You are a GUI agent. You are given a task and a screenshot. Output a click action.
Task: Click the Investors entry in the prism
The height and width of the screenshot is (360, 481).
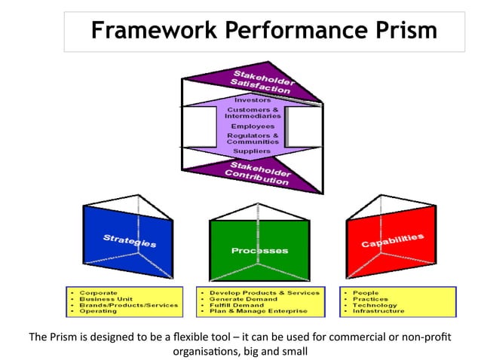tap(253, 99)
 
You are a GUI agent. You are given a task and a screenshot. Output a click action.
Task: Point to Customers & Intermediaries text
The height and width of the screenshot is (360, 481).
tap(253, 113)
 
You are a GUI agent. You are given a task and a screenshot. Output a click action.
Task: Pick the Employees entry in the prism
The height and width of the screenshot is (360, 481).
tap(253, 126)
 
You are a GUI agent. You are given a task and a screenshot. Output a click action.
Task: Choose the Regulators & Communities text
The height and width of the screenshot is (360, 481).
tap(253, 139)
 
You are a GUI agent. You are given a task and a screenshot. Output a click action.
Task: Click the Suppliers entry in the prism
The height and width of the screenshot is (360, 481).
tap(253, 151)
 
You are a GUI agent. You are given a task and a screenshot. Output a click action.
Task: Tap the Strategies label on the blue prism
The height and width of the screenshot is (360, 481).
tap(130, 241)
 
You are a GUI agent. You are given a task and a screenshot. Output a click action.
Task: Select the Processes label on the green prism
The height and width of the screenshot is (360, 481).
tap(259, 250)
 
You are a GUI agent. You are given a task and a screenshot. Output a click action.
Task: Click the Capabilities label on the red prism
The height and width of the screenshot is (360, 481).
tap(392, 240)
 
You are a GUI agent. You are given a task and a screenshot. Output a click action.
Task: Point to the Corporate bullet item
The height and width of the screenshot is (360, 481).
tap(99, 293)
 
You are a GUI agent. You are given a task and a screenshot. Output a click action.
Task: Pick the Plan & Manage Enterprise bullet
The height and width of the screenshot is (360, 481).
tap(259, 311)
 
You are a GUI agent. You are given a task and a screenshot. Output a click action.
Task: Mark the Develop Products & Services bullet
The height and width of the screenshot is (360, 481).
tap(265, 293)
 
